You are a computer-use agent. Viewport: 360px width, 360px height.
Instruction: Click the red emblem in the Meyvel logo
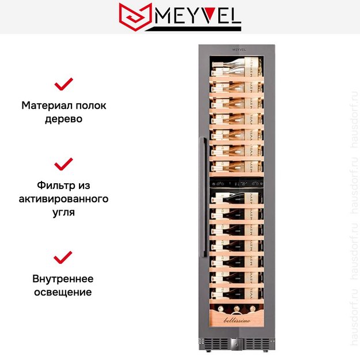point(135,17)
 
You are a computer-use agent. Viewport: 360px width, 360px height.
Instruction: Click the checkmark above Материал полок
point(63,85)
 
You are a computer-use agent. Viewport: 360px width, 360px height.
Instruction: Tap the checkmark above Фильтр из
point(63,164)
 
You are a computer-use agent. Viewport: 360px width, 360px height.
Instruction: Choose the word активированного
point(64,199)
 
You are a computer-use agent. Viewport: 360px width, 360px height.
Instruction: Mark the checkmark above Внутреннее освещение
point(63,257)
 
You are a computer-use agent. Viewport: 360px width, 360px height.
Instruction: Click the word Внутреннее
point(63,279)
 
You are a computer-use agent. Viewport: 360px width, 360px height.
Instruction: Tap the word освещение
point(63,292)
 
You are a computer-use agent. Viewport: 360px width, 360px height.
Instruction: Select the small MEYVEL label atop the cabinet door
point(239,50)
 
